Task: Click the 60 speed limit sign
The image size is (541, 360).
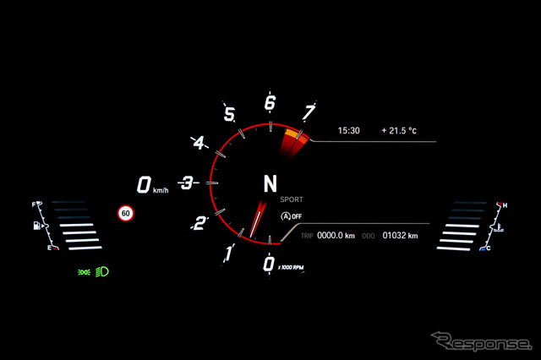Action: pos(126,213)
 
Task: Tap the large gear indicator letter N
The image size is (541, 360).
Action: pos(270,183)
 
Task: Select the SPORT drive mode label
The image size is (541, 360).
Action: pos(292,199)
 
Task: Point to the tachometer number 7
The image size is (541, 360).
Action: pos(309,112)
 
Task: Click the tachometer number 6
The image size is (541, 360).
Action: pos(270,103)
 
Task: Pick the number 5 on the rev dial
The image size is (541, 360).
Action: pos(229,114)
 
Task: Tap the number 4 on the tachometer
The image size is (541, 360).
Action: pos(199,143)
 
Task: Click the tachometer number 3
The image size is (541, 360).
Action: pos(188,183)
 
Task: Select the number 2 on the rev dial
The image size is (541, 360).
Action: pos(199,223)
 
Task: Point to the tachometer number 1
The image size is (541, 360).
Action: pos(229,254)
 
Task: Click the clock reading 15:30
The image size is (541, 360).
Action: pos(348,131)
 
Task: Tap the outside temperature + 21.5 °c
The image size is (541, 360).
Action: pos(399,131)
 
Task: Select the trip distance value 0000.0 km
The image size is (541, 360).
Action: pos(336,236)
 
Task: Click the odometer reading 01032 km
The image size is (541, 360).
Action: pos(400,236)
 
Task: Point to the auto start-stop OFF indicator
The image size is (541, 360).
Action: pos(291,216)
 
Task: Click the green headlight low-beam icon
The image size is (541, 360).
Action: pos(101,272)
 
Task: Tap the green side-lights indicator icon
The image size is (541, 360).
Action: pos(84,272)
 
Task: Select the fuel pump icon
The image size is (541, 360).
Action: pos(36,226)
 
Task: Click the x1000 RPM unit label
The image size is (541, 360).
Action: pos(291,267)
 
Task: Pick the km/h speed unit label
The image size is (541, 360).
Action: pos(161,190)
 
